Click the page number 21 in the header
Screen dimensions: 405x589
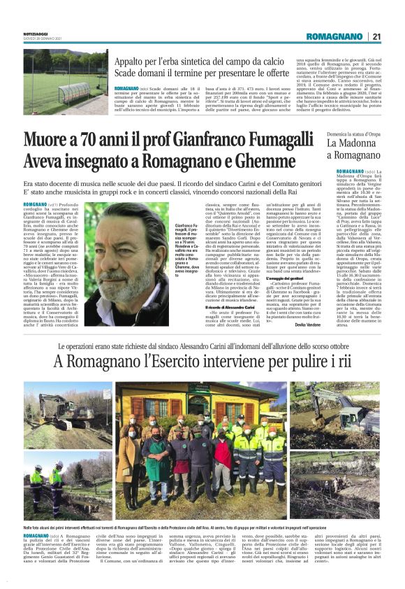376,36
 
